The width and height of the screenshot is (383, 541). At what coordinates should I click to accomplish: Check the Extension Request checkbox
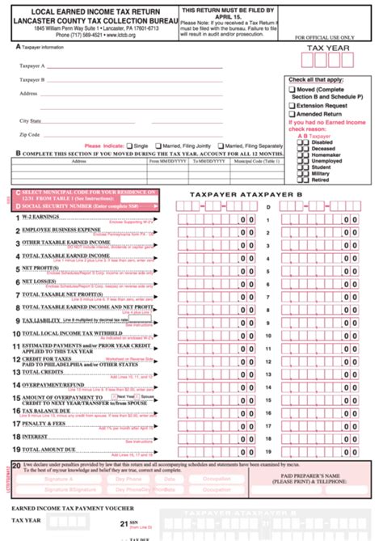pos(292,105)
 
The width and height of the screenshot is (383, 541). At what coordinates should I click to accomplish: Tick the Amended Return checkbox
pos(292,114)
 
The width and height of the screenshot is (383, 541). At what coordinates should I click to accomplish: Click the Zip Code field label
pos(30,134)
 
